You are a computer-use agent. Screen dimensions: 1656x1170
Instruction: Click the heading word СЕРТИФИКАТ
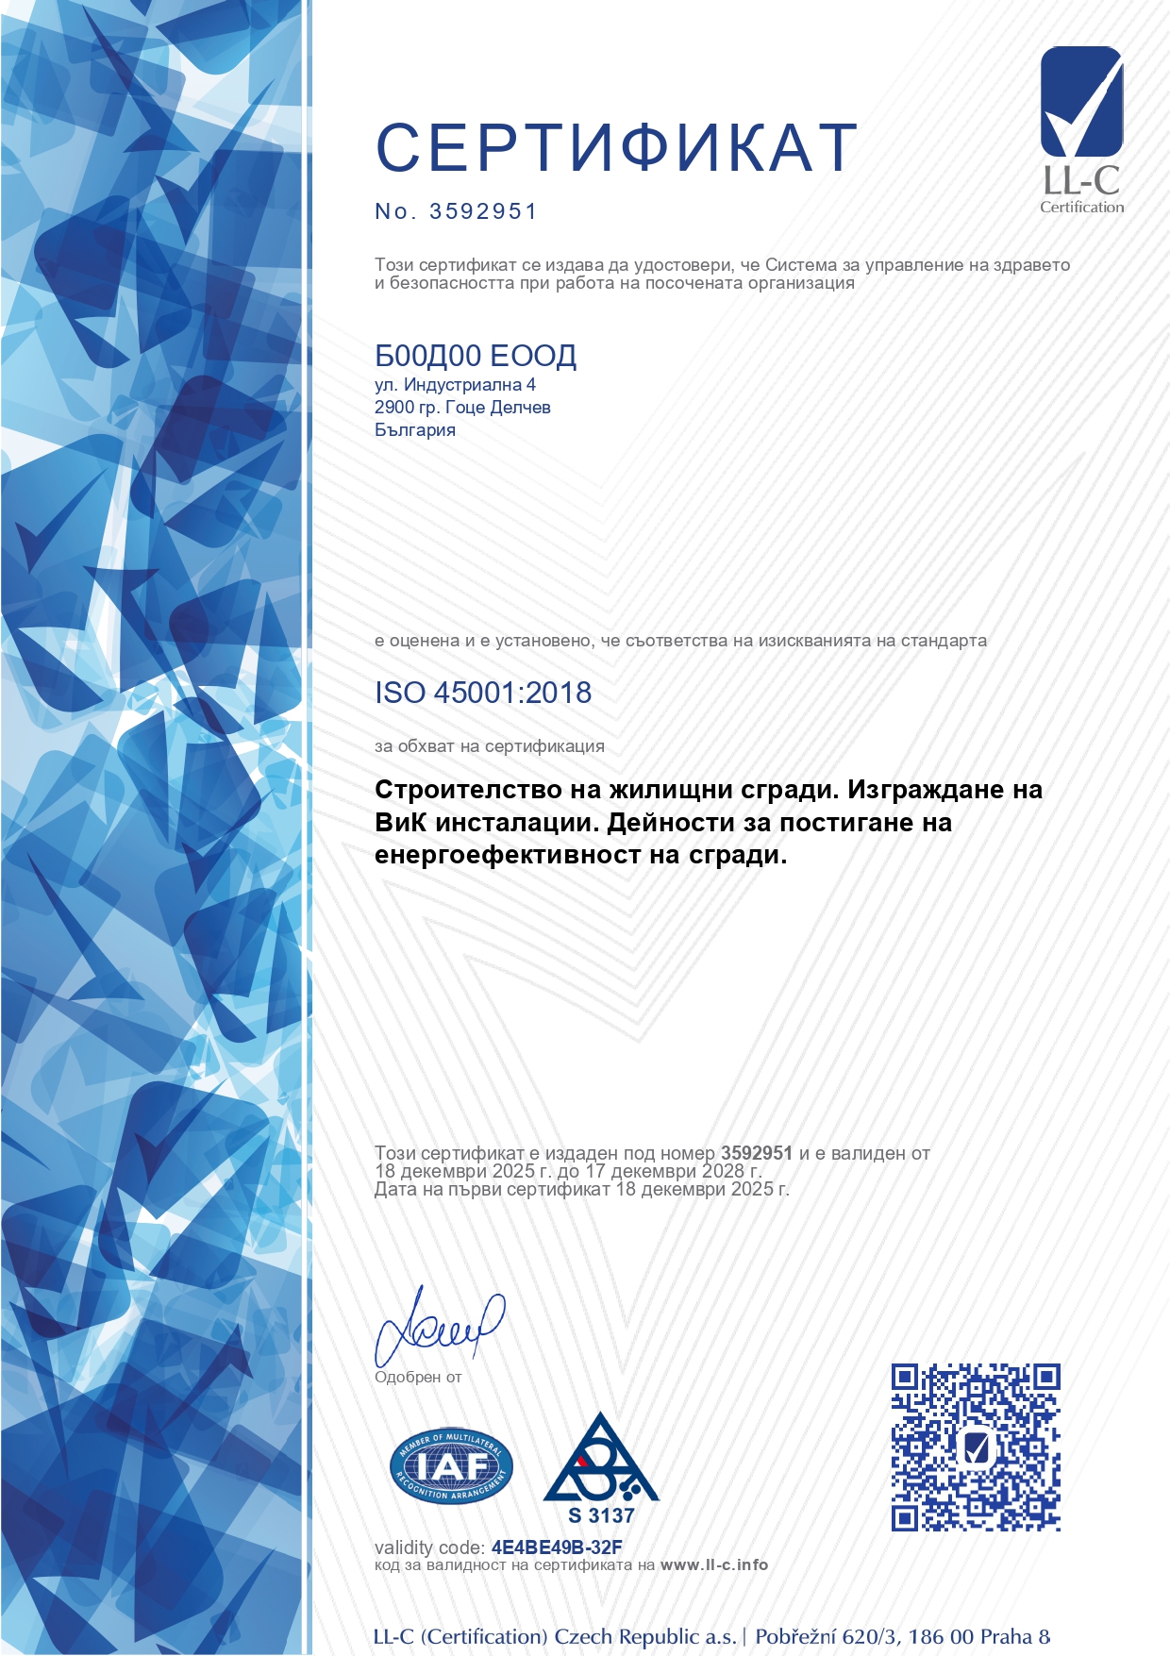coord(616,148)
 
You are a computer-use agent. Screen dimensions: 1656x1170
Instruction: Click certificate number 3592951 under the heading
coord(482,211)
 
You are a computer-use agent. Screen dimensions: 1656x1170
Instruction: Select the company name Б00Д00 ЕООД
coord(476,356)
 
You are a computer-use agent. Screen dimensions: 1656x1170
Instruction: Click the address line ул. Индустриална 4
coord(455,385)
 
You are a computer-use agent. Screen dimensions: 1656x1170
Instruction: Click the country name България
coord(414,430)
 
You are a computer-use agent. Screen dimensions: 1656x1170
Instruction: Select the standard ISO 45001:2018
coord(483,693)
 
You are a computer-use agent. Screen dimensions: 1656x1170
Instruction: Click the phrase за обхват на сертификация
coord(489,746)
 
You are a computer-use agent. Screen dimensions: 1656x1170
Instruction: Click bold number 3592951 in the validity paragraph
coord(756,1153)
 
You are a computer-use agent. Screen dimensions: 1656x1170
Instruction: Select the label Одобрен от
coord(418,1378)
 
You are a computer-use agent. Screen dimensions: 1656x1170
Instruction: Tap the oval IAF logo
coord(451,1465)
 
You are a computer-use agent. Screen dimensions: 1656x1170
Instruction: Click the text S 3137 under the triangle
coord(601,1516)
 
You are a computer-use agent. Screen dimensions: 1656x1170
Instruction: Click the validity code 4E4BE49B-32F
coord(557,1547)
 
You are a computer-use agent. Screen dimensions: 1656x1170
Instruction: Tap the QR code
coord(976,1447)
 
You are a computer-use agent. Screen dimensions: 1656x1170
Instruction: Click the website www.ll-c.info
coord(714,1565)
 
